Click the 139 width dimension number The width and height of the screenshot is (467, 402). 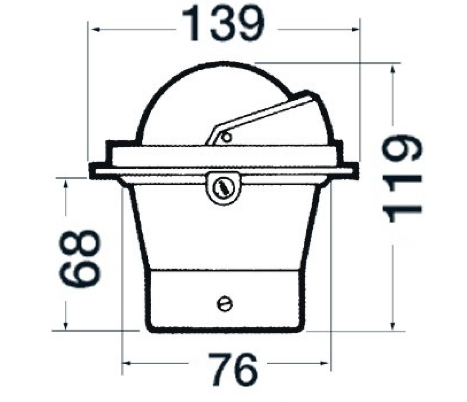coord(223,23)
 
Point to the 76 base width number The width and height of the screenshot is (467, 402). coord(232,369)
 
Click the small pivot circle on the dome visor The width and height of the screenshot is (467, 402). coord(227,137)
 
